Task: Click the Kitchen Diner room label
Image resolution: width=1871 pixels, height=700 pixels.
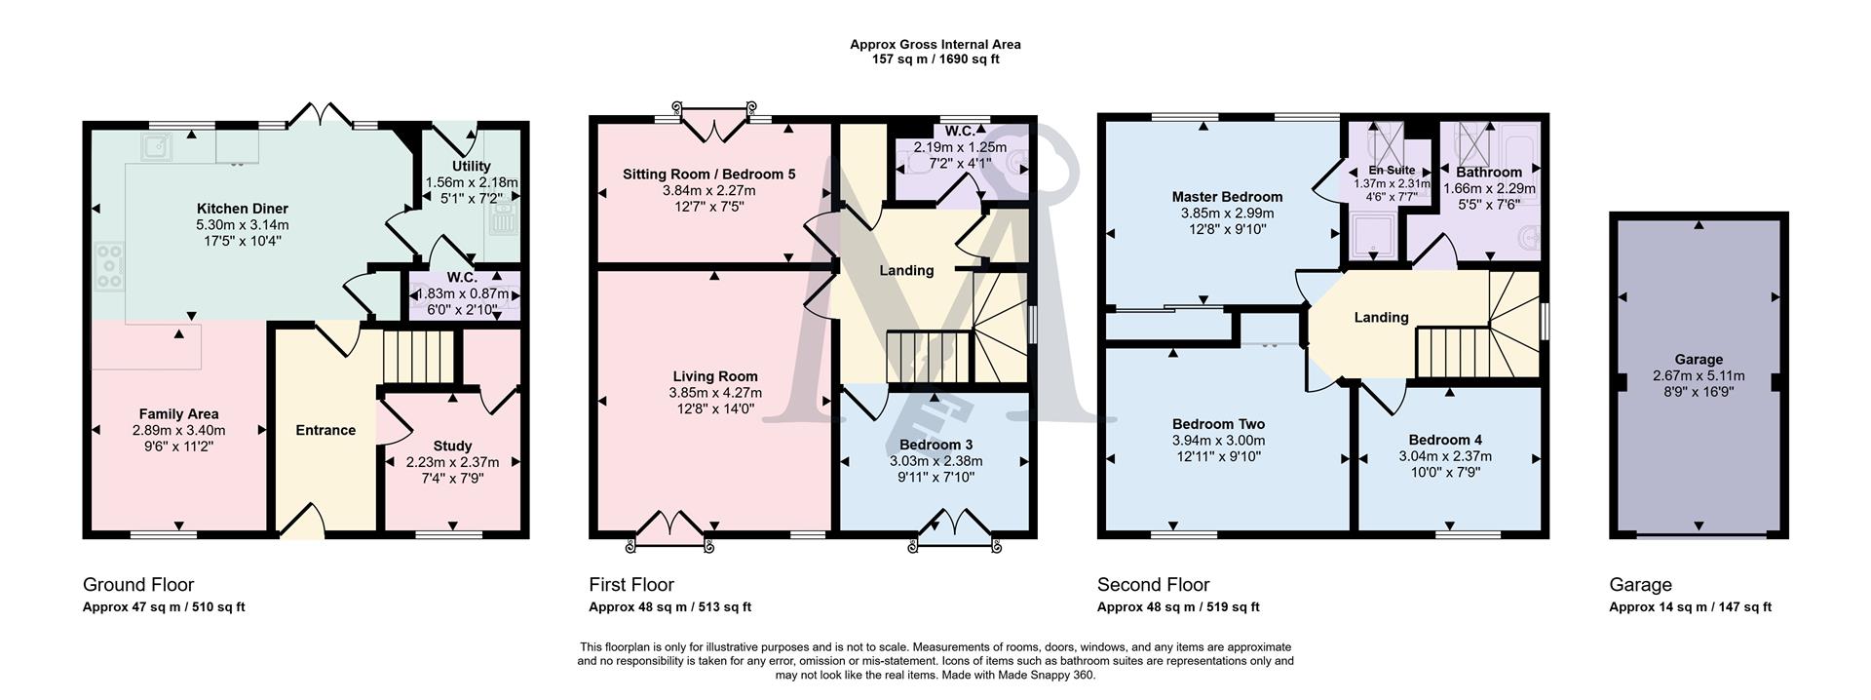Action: click(242, 209)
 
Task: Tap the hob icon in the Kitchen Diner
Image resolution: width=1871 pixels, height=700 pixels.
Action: click(110, 265)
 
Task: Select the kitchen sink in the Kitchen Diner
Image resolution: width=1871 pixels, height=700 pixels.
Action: click(155, 148)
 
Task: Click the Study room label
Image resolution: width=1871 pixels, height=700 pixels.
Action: click(452, 446)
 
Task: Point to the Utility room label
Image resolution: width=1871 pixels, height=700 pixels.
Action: click(471, 167)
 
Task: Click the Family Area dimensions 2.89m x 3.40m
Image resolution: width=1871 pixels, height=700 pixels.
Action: click(178, 430)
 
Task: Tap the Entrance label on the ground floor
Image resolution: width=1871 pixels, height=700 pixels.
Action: click(325, 430)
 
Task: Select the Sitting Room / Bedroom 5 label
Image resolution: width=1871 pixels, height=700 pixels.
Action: click(708, 175)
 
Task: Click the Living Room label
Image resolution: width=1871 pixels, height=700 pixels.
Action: click(714, 376)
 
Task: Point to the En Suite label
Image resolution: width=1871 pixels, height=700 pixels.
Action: click(1392, 171)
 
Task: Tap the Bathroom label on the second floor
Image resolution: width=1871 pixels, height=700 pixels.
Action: click(1488, 173)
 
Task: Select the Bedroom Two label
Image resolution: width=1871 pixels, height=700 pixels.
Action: click(1218, 424)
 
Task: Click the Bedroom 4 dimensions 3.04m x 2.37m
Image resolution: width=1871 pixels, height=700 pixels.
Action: click(1444, 455)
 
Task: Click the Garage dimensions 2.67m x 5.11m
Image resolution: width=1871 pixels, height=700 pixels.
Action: click(1699, 375)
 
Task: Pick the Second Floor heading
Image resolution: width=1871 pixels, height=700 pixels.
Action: click(1153, 585)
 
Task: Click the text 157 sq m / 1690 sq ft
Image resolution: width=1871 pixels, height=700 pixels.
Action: click(935, 59)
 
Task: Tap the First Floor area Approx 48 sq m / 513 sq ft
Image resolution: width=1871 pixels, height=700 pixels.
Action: click(669, 607)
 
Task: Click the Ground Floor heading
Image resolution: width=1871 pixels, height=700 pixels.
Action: click(138, 585)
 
